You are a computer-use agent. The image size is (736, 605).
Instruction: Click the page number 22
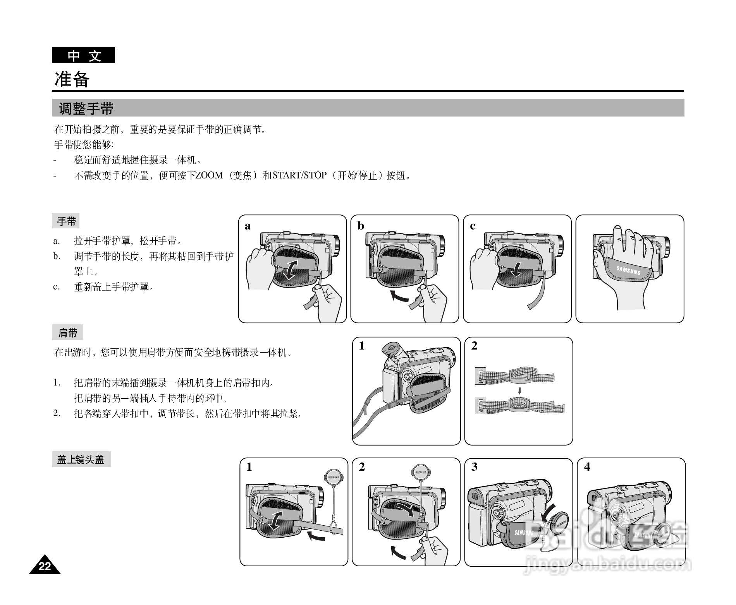[x=45, y=566]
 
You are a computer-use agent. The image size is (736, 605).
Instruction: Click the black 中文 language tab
[x=83, y=55]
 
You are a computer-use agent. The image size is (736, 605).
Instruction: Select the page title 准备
[x=72, y=79]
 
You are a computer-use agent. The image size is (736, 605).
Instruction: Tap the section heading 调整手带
[x=86, y=109]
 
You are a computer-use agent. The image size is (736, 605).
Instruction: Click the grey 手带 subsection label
[x=66, y=221]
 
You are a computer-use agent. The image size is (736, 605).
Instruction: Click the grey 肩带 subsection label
[x=68, y=333]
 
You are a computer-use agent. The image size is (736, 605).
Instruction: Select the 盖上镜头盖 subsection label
[x=81, y=459]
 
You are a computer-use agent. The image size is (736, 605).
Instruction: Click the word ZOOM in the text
[x=209, y=175]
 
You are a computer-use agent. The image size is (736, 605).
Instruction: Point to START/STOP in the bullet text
[x=300, y=175]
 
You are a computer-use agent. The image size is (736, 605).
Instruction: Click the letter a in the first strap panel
[x=248, y=226]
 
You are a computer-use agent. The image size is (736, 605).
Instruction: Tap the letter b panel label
[x=361, y=226]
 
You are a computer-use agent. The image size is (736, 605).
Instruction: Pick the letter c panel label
[x=473, y=226]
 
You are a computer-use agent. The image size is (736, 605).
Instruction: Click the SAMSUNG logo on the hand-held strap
[x=628, y=270]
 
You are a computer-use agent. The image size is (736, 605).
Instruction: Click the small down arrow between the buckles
[x=519, y=391]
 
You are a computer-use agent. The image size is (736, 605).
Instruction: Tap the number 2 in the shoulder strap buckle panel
[x=474, y=346]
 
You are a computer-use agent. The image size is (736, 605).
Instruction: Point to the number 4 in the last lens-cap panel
[x=587, y=467]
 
